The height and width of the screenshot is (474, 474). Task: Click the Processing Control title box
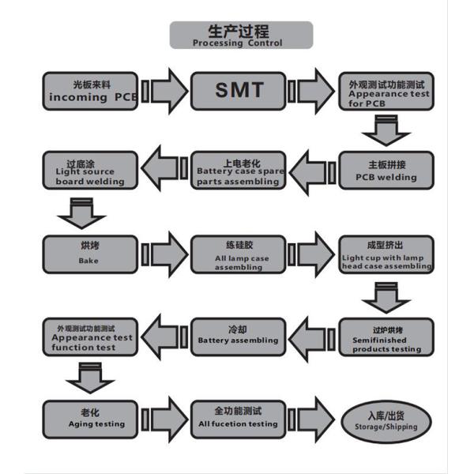click(x=241, y=35)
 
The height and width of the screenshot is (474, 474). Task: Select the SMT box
click(x=239, y=90)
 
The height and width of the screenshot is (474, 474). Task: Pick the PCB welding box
click(x=386, y=171)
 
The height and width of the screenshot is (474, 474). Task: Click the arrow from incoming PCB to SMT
click(x=164, y=91)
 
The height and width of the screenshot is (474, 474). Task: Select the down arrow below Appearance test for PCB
click(x=386, y=130)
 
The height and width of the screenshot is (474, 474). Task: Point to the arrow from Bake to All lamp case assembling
click(x=164, y=253)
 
